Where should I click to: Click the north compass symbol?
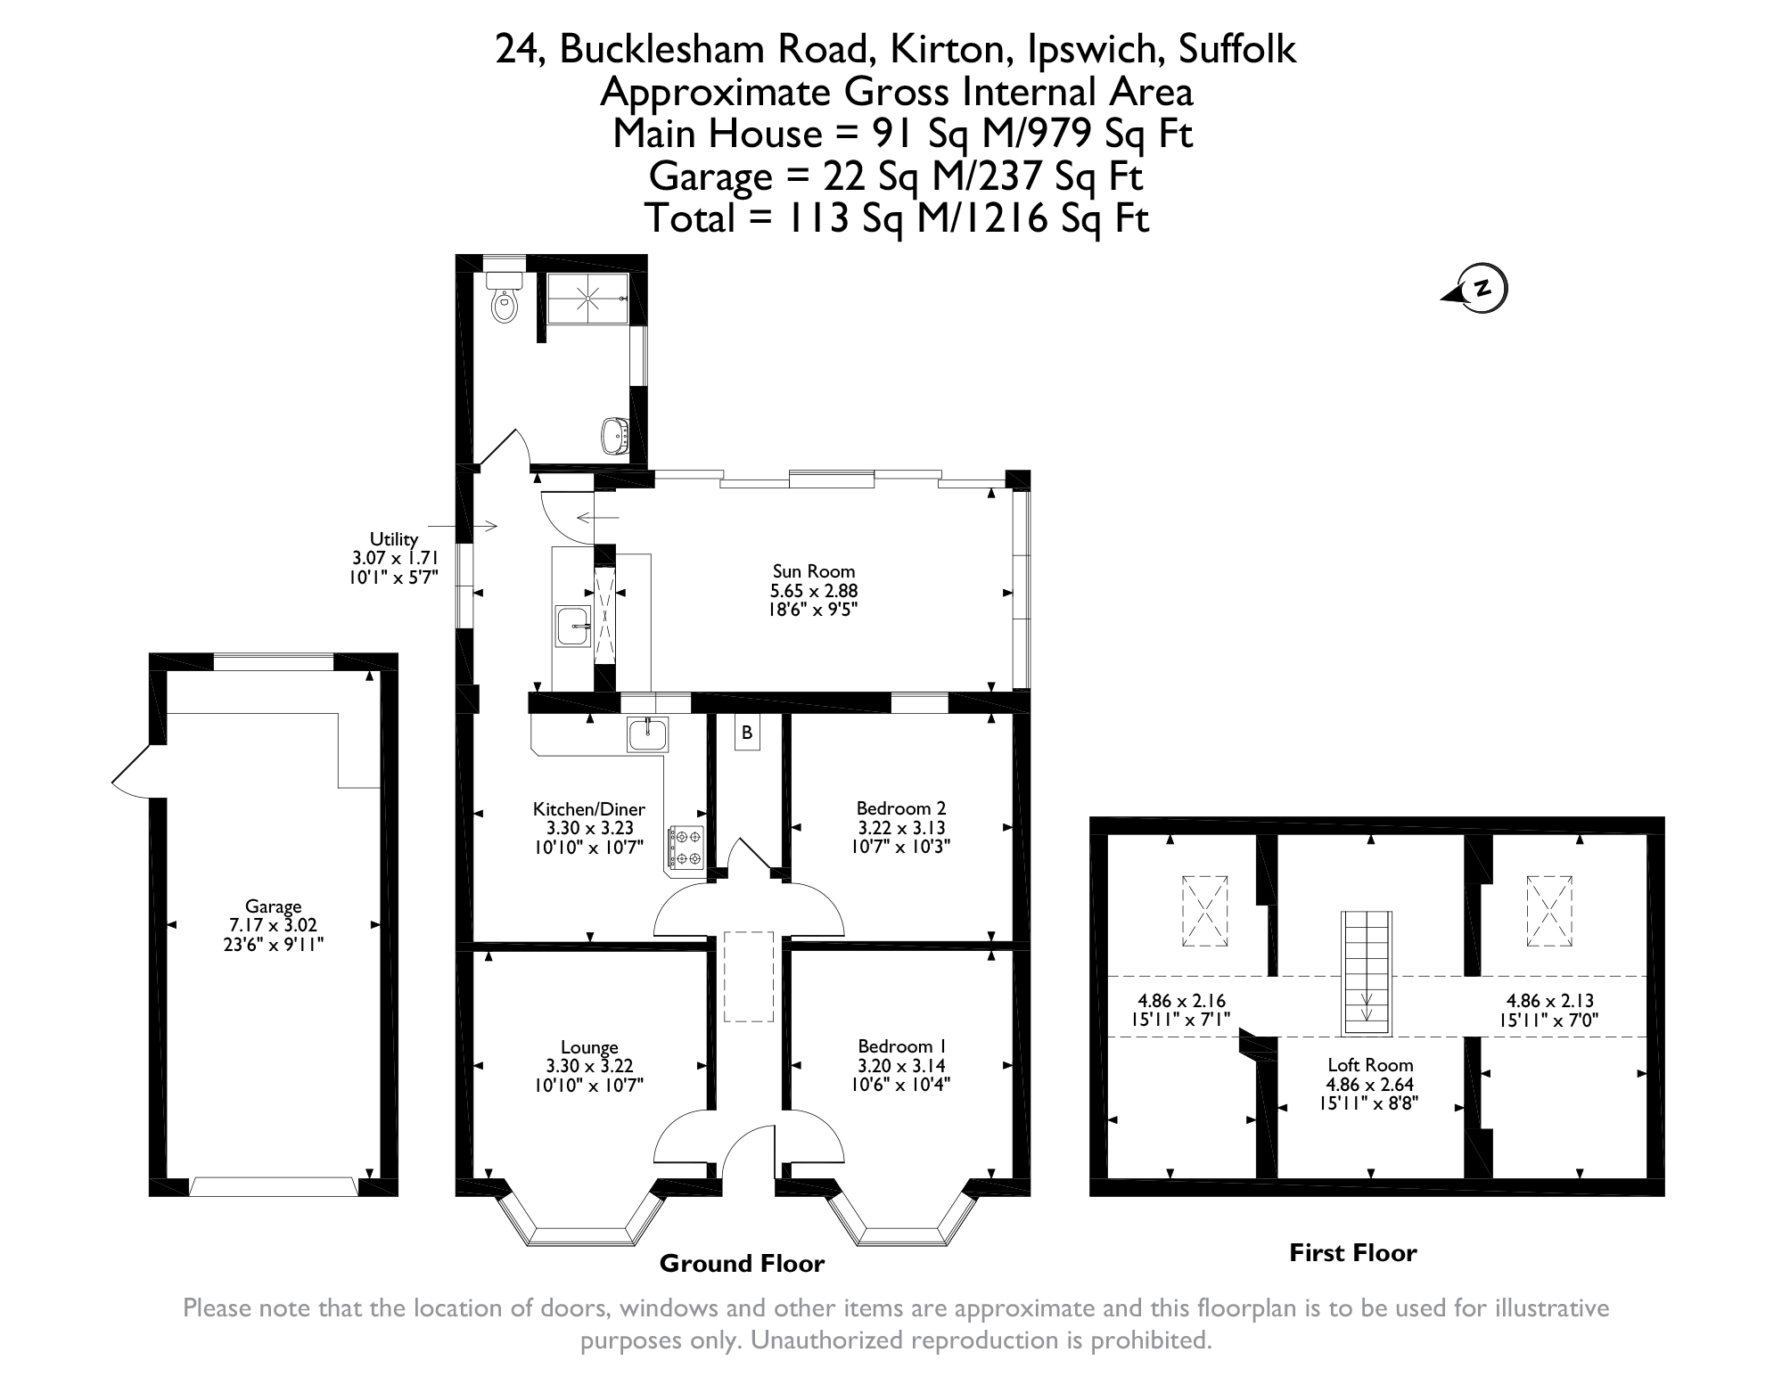[1476, 289]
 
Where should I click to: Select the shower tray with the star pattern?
[588, 299]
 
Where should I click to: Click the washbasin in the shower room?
[615, 435]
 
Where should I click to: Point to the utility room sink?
[573, 626]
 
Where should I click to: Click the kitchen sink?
[648, 734]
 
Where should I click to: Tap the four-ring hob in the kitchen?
[686, 848]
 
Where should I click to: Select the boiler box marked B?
[747, 733]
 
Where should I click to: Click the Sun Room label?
[814, 571]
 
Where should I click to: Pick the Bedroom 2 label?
[900, 808]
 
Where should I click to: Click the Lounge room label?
[589, 1047]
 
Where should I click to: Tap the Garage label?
[274, 907]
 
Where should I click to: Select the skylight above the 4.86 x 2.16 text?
[1204, 911]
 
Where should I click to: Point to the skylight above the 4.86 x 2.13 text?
[1550, 910]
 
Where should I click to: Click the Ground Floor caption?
[742, 1264]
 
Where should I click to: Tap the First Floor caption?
[1353, 1253]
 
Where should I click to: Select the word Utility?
[394, 539]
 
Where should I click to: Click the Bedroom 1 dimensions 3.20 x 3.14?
[901, 1065]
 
